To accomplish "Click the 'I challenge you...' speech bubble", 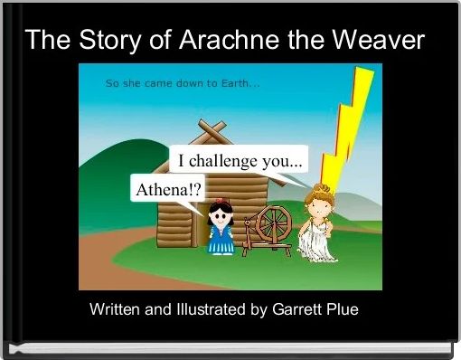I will (239, 161).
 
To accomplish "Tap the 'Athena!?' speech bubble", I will (168, 191).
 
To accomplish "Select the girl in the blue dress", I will (219, 231).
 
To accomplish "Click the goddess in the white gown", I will (319, 226).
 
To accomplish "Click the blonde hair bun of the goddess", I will (318, 188).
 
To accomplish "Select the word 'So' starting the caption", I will (113, 83).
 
